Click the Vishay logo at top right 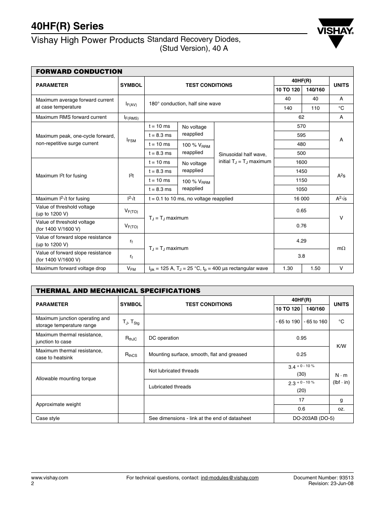click(335, 33)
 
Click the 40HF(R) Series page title click(67, 26)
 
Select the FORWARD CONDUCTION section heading click(79, 71)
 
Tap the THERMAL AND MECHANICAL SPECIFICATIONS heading click(118, 290)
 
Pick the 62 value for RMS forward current click(301, 117)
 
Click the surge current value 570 click(301, 126)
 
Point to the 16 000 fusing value click(301, 199)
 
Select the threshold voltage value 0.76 click(301, 226)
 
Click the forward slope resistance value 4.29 click(301, 241)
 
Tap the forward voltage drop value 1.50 click(315, 268)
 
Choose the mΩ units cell click(341, 248)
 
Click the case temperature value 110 click(315, 108)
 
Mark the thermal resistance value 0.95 click(301, 338)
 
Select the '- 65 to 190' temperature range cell click(288, 322)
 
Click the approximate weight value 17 click(301, 400)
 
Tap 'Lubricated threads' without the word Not click(170, 387)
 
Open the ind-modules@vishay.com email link click(230, 478)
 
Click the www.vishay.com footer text click(50, 478)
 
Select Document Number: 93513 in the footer click(323, 478)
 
